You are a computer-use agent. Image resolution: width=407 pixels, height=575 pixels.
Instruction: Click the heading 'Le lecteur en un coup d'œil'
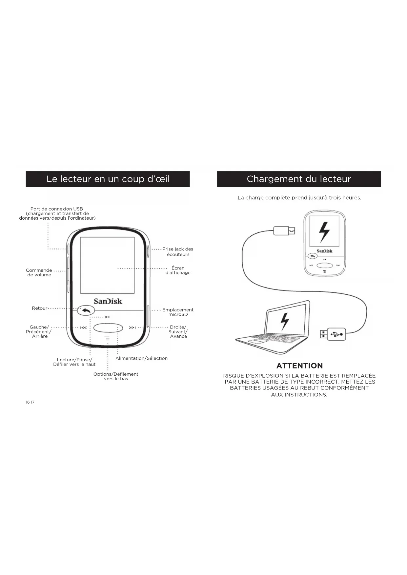(x=108, y=179)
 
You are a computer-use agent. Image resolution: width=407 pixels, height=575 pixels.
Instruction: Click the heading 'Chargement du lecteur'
(x=299, y=179)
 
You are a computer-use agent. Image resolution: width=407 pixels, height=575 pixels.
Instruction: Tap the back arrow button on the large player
(x=86, y=310)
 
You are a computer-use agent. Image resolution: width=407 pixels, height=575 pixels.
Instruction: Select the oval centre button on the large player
(x=108, y=327)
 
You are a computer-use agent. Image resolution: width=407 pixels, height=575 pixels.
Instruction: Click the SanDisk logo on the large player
(x=108, y=301)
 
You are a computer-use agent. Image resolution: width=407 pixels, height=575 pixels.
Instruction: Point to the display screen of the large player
(x=107, y=265)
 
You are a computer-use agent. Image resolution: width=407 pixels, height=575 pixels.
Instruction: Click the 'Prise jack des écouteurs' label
(x=178, y=252)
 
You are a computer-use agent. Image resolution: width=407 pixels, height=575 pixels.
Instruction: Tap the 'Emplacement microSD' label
(x=178, y=312)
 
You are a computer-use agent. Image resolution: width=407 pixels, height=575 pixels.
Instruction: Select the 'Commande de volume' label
(x=39, y=273)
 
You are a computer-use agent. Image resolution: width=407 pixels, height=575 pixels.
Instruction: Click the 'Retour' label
(x=40, y=308)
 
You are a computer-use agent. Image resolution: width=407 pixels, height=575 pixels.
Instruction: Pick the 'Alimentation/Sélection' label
(x=141, y=358)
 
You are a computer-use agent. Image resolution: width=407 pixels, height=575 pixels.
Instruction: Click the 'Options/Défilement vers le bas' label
(x=116, y=376)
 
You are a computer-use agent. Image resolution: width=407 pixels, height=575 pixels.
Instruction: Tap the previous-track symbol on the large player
(x=84, y=327)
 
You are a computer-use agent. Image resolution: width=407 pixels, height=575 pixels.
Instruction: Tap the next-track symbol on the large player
(x=132, y=327)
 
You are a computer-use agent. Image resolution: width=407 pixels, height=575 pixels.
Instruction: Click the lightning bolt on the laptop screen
(x=285, y=322)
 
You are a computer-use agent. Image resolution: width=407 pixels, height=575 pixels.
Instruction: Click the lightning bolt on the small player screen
(x=324, y=231)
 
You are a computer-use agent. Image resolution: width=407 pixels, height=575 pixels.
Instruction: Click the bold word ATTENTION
(x=299, y=366)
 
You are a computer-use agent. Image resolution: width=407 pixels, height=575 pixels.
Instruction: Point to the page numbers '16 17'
(x=30, y=402)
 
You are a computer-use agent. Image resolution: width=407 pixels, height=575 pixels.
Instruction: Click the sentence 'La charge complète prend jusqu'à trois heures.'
(x=299, y=198)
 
